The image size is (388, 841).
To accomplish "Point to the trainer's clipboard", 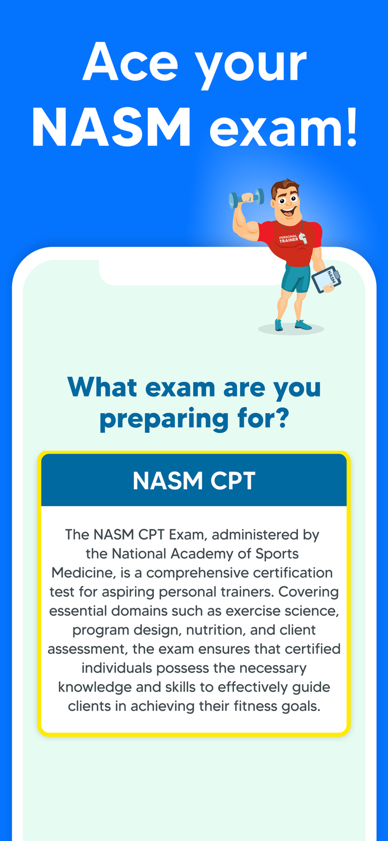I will tap(326, 279).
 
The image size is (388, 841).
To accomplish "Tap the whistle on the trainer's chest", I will tap(302, 237).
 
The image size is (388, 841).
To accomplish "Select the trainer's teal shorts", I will tap(295, 278).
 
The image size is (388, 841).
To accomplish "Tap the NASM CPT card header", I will tap(194, 480).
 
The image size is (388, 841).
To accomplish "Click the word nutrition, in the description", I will tap(216, 630).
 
